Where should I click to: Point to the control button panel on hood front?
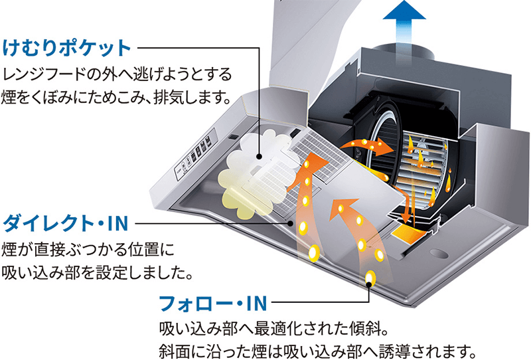point(197,156)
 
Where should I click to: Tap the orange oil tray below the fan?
point(408,232)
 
